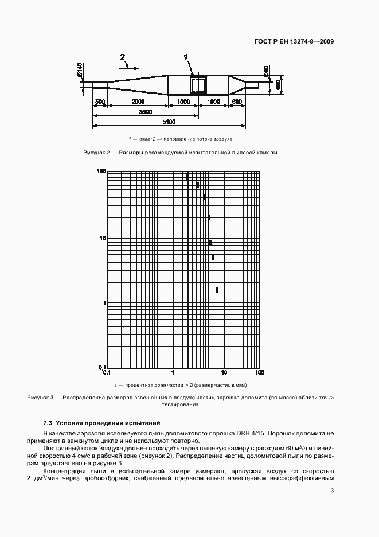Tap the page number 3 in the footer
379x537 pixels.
pyautogui.click(x=332, y=490)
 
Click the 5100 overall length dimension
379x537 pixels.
pyautogui.click(x=169, y=122)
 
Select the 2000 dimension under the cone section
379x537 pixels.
pyautogui.click(x=138, y=102)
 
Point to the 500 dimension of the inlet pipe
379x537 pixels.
pyautogui.click(x=100, y=102)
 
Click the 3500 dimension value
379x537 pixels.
pyautogui.click(x=145, y=112)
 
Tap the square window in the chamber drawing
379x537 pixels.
pyautogui.click(x=198, y=85)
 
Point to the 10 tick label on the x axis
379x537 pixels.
pyautogui.click(x=224, y=373)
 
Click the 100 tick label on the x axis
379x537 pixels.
pyautogui.click(x=259, y=373)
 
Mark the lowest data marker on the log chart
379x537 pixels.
pyautogui.click(x=217, y=290)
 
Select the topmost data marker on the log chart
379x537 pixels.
pyautogui.click(x=187, y=177)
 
